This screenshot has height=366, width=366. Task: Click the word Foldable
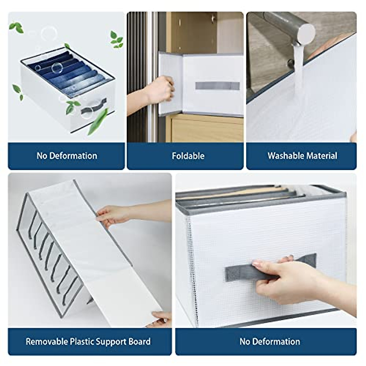click(188, 156)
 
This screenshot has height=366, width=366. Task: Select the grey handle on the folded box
click(217, 86)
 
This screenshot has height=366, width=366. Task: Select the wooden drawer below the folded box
click(207, 130)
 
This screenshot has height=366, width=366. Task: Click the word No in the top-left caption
click(42, 156)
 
